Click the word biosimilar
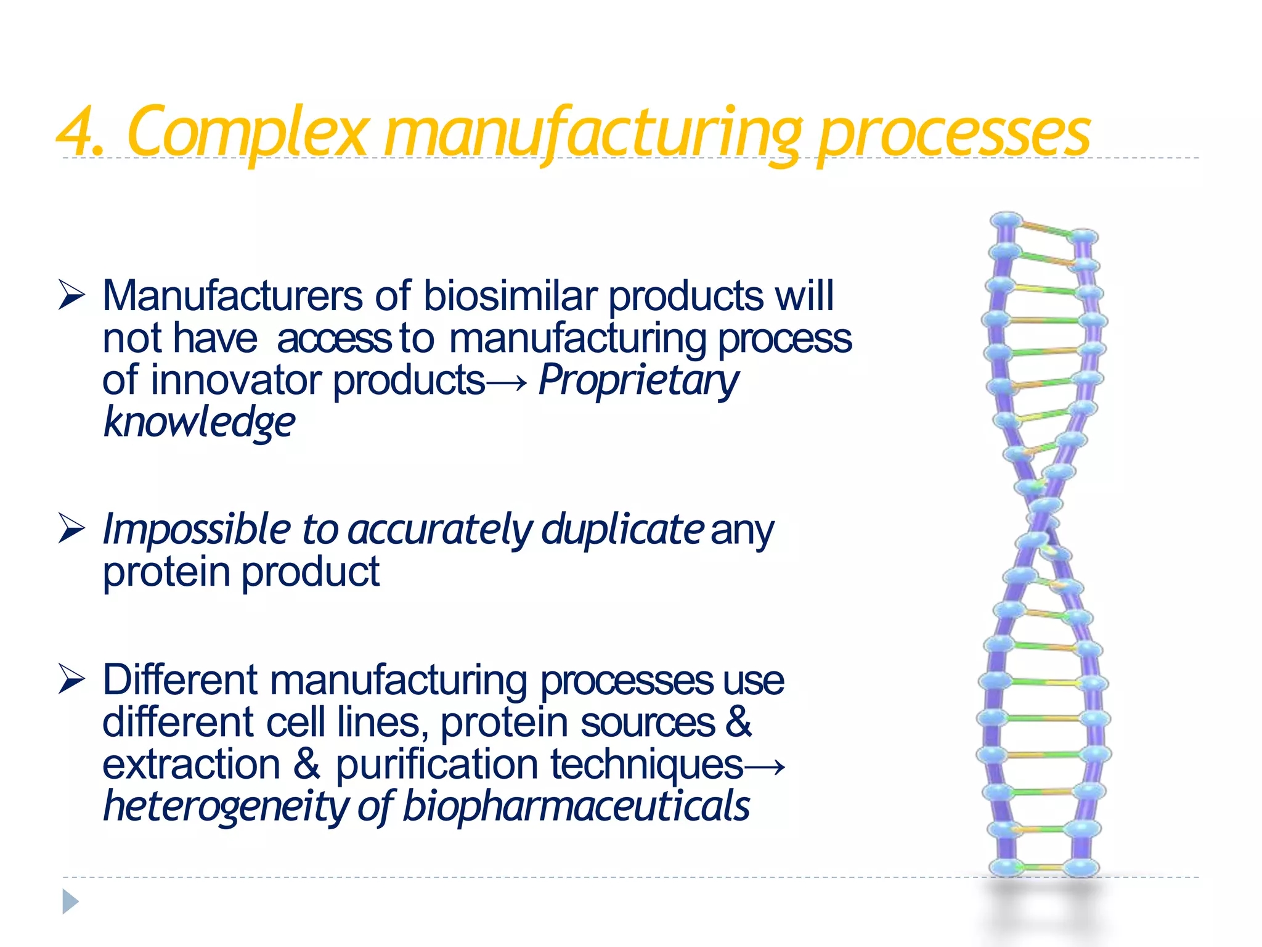[x=510, y=296]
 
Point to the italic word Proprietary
[x=638, y=381]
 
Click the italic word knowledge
[x=199, y=422]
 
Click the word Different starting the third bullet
[x=180, y=680]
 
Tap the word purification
[x=436, y=765]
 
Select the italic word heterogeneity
[x=225, y=807]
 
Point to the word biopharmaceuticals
[x=576, y=806]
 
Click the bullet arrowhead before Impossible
[x=71, y=528]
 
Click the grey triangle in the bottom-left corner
[x=70, y=902]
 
